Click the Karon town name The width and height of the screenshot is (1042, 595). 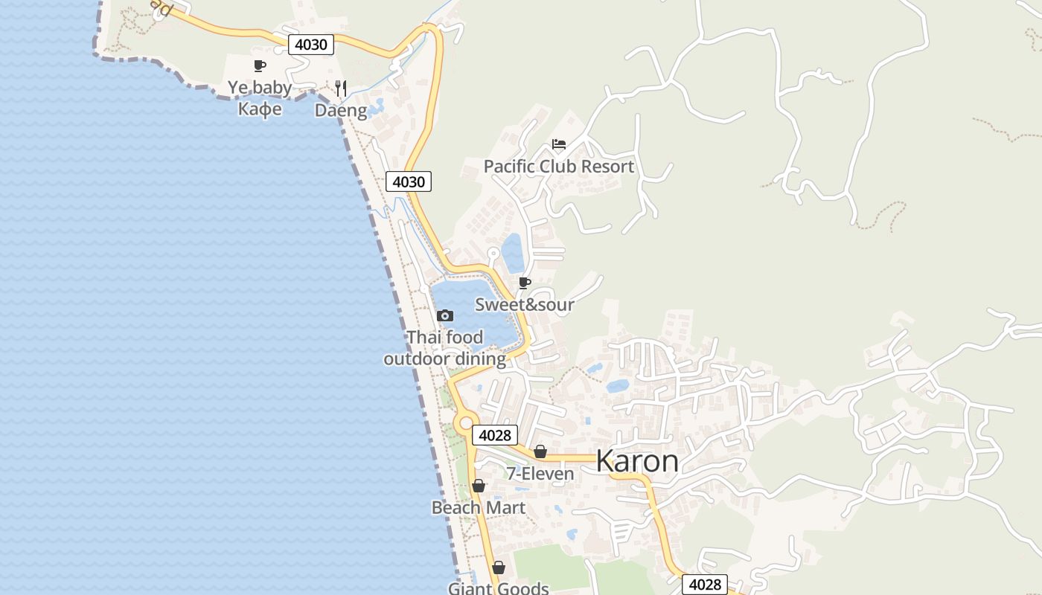point(637,461)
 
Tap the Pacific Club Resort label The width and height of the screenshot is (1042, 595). point(559,167)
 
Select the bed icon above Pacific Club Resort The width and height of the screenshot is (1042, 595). point(559,144)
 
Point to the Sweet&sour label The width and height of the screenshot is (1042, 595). point(525,304)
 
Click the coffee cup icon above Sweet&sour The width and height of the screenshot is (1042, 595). point(525,283)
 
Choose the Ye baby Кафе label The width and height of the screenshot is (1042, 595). point(260,98)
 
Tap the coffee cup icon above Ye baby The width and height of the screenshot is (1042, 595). point(260,65)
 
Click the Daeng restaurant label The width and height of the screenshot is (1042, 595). point(341,111)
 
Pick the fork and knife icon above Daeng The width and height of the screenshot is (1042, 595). point(341,89)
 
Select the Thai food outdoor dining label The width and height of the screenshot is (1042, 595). point(445,348)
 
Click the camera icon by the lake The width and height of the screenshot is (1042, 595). point(445,316)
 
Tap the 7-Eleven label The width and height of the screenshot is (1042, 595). point(540,474)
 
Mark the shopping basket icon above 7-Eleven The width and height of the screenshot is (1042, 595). point(540,451)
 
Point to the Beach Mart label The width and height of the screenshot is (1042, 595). point(479,508)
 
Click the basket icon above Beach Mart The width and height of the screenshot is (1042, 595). point(479,486)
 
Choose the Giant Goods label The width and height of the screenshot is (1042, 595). point(498,588)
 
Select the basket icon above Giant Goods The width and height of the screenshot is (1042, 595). point(499,568)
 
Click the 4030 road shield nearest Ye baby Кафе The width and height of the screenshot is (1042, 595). point(311,45)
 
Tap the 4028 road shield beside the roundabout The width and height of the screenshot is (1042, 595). point(494,435)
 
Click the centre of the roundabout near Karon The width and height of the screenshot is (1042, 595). point(467,423)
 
